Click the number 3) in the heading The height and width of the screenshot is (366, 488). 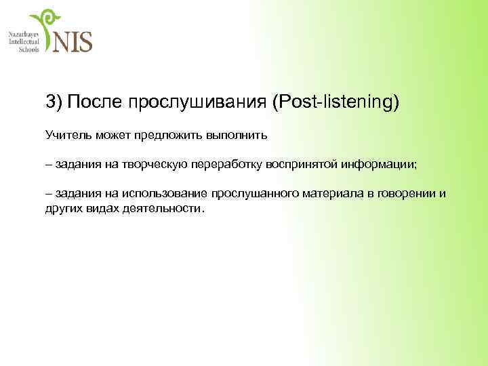click(x=54, y=102)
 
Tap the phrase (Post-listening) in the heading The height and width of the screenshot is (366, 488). click(x=335, y=102)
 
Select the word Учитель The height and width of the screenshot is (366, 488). click(x=67, y=135)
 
